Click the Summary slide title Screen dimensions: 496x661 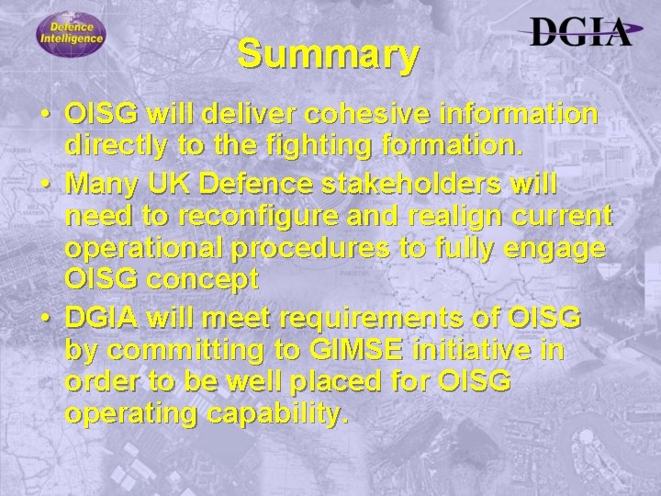tap(329, 55)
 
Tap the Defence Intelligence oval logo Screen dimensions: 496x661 tap(72, 35)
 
